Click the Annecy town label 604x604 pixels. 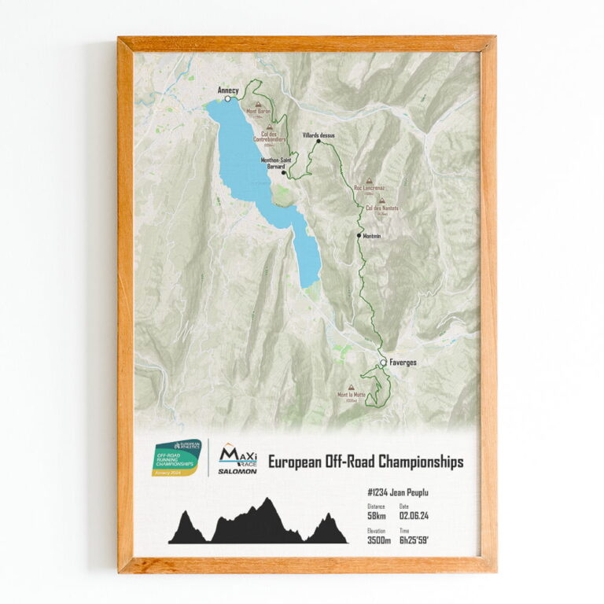(227, 90)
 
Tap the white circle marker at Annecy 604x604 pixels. (228, 99)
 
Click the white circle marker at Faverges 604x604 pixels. (383, 363)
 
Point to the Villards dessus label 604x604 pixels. (319, 135)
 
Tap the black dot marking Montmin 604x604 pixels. (359, 235)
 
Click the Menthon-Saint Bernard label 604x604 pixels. (273, 164)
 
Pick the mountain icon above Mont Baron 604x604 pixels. (257, 103)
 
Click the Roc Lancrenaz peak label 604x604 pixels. (369, 188)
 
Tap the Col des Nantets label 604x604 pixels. (383, 208)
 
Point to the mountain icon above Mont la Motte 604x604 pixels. (351, 387)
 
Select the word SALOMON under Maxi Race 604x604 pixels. (238, 472)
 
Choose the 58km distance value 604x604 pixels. (377, 516)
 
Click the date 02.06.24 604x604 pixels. (414, 516)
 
